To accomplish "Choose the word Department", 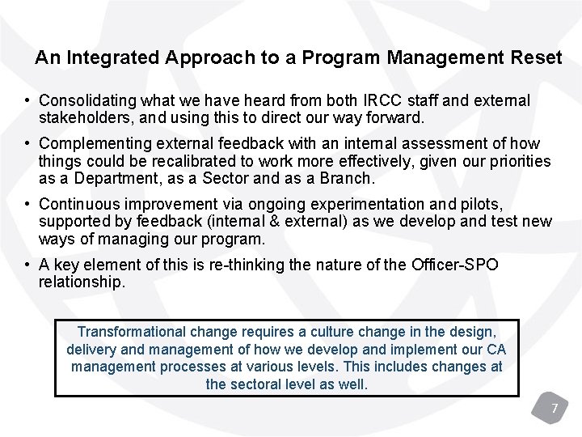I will click(107, 177).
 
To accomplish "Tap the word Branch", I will click(349, 177).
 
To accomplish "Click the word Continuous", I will click(77, 205).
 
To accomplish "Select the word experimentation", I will click(324, 205).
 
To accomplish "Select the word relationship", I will click(82, 282).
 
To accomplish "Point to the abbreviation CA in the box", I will click(496, 349).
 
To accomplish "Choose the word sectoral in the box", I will click(255, 384).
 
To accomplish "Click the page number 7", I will click(555, 408).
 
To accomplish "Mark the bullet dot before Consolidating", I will click(28, 101).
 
